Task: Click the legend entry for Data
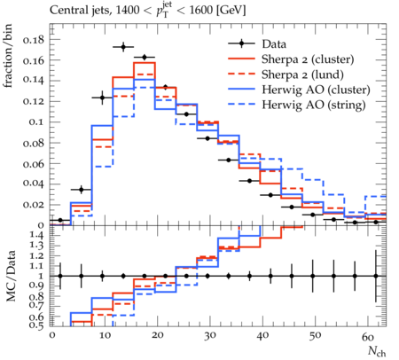coord(274,44)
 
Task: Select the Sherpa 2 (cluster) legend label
coord(308,59)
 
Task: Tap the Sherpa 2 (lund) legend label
coord(302,74)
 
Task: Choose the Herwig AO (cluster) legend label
coord(316,90)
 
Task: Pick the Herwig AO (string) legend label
coord(314,105)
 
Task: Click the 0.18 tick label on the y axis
coord(34,40)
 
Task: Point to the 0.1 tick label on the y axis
coord(36,121)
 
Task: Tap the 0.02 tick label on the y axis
coord(34,205)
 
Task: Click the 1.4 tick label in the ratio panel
coord(36,236)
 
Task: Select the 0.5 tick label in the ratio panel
coord(36,325)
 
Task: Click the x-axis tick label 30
coord(209,336)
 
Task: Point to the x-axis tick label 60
coord(368,336)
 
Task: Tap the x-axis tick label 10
coord(105,336)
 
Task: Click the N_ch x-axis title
coord(377,351)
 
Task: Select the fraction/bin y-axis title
coord(8,56)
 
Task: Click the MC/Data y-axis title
coord(11,276)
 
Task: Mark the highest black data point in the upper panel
coord(123,47)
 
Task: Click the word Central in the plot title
coord(65,10)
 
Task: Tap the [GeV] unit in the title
coord(231,11)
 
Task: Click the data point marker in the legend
coord(241,44)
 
